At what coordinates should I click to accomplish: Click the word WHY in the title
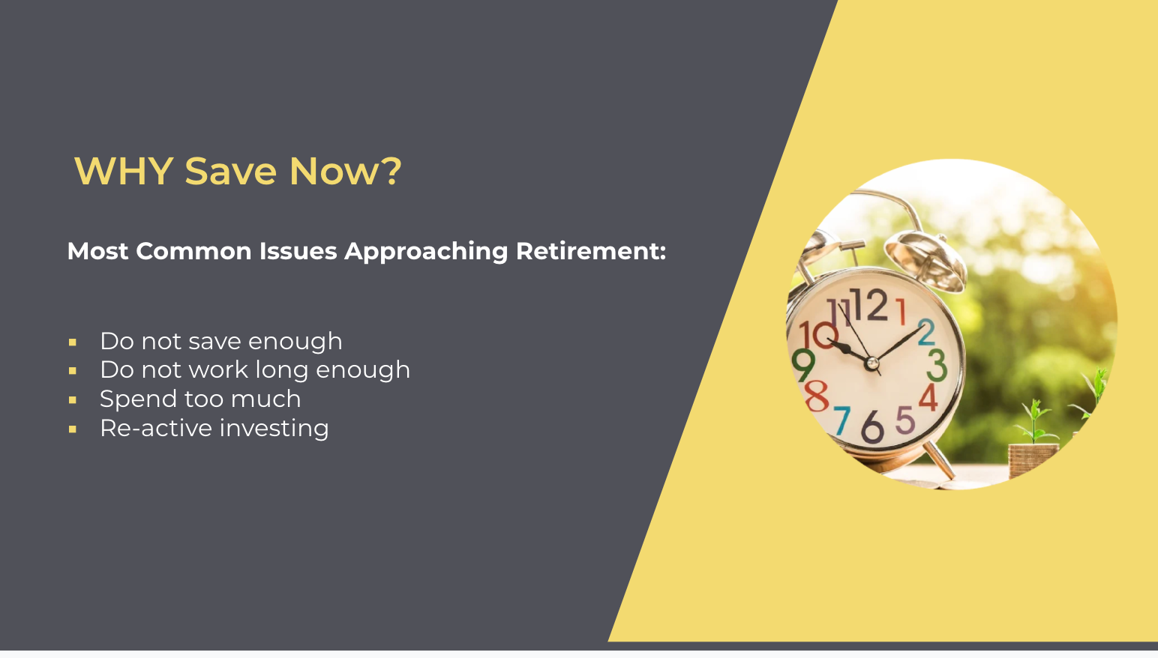124,171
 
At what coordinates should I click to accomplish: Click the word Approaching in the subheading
426,251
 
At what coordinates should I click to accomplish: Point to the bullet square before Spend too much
73,400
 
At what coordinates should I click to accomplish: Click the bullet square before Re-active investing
73,429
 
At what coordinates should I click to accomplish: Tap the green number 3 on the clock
936,366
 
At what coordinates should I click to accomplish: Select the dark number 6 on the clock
872,427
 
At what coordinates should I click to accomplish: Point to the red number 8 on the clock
816,395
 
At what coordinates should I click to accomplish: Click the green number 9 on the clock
803,365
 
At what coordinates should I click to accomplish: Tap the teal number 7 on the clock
842,420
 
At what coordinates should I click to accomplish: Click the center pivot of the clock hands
871,363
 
